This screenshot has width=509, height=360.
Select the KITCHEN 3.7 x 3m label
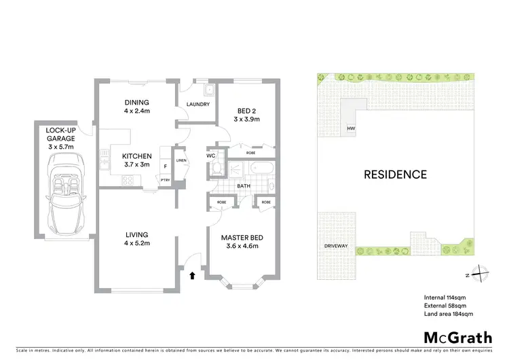[136, 160]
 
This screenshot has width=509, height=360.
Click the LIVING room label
[136, 239]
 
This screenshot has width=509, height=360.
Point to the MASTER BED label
[242, 242]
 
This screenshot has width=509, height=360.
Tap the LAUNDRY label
[197, 104]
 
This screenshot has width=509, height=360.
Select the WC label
[211, 156]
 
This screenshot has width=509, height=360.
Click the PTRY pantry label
[165, 179]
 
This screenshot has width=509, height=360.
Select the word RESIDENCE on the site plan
[395, 175]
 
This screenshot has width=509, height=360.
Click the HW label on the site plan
[351, 128]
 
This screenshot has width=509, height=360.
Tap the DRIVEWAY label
[337, 246]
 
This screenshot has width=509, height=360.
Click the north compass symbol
[479, 274]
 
